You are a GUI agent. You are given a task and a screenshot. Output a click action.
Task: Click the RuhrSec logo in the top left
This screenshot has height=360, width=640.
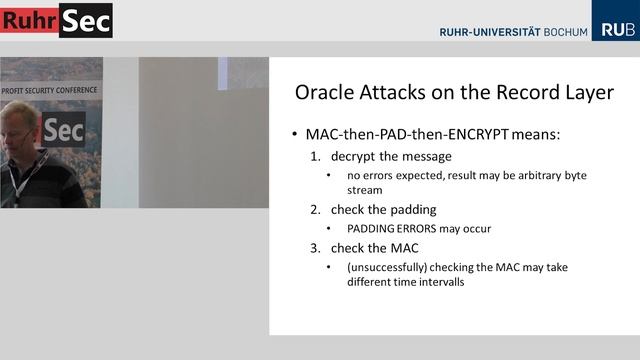56,20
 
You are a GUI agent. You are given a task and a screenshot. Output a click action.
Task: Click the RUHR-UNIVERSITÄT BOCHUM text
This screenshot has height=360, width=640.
512,32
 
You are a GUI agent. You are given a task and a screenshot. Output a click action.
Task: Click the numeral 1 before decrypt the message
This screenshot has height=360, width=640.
314,156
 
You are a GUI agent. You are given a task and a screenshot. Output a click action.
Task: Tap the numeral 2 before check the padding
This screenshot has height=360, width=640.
314,209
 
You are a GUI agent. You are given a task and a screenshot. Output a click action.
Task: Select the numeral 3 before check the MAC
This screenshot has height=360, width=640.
314,248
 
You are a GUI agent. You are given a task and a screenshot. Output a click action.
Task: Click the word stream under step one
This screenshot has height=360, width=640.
364,189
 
